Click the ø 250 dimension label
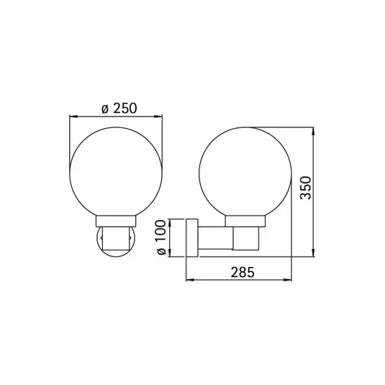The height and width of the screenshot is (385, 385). tap(119, 109)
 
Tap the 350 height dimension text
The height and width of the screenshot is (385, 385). tap(306, 188)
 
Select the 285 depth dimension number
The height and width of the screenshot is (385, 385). tap(243, 272)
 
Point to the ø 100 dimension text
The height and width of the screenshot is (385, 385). tap(161, 237)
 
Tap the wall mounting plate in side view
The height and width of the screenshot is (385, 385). tap(192, 238)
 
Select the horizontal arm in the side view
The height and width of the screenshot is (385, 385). tap(215, 238)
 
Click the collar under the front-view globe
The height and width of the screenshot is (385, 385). tap(116, 221)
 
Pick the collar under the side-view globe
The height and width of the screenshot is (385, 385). tap(245, 221)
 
